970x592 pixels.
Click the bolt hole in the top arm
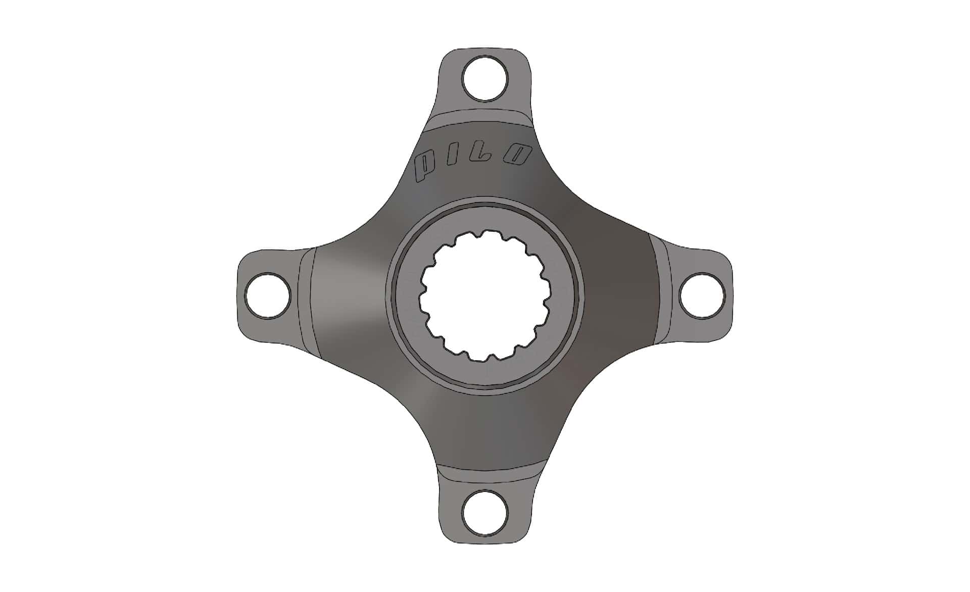[485, 79]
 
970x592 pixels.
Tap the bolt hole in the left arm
[267, 295]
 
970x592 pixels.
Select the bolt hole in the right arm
[702, 295]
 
